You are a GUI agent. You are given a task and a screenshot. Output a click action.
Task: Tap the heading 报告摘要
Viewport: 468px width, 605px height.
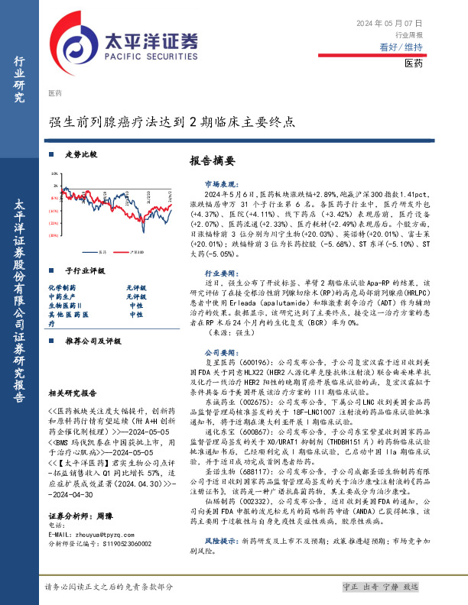(211, 162)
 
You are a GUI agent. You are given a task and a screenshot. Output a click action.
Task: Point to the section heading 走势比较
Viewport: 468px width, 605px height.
(81, 154)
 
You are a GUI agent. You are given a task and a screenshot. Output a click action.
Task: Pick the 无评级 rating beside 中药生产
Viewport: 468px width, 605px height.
(136, 296)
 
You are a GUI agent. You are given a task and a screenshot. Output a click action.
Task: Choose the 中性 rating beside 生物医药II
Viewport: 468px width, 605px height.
(136, 306)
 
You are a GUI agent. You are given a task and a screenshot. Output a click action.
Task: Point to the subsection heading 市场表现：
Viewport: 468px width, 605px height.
(220, 185)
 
